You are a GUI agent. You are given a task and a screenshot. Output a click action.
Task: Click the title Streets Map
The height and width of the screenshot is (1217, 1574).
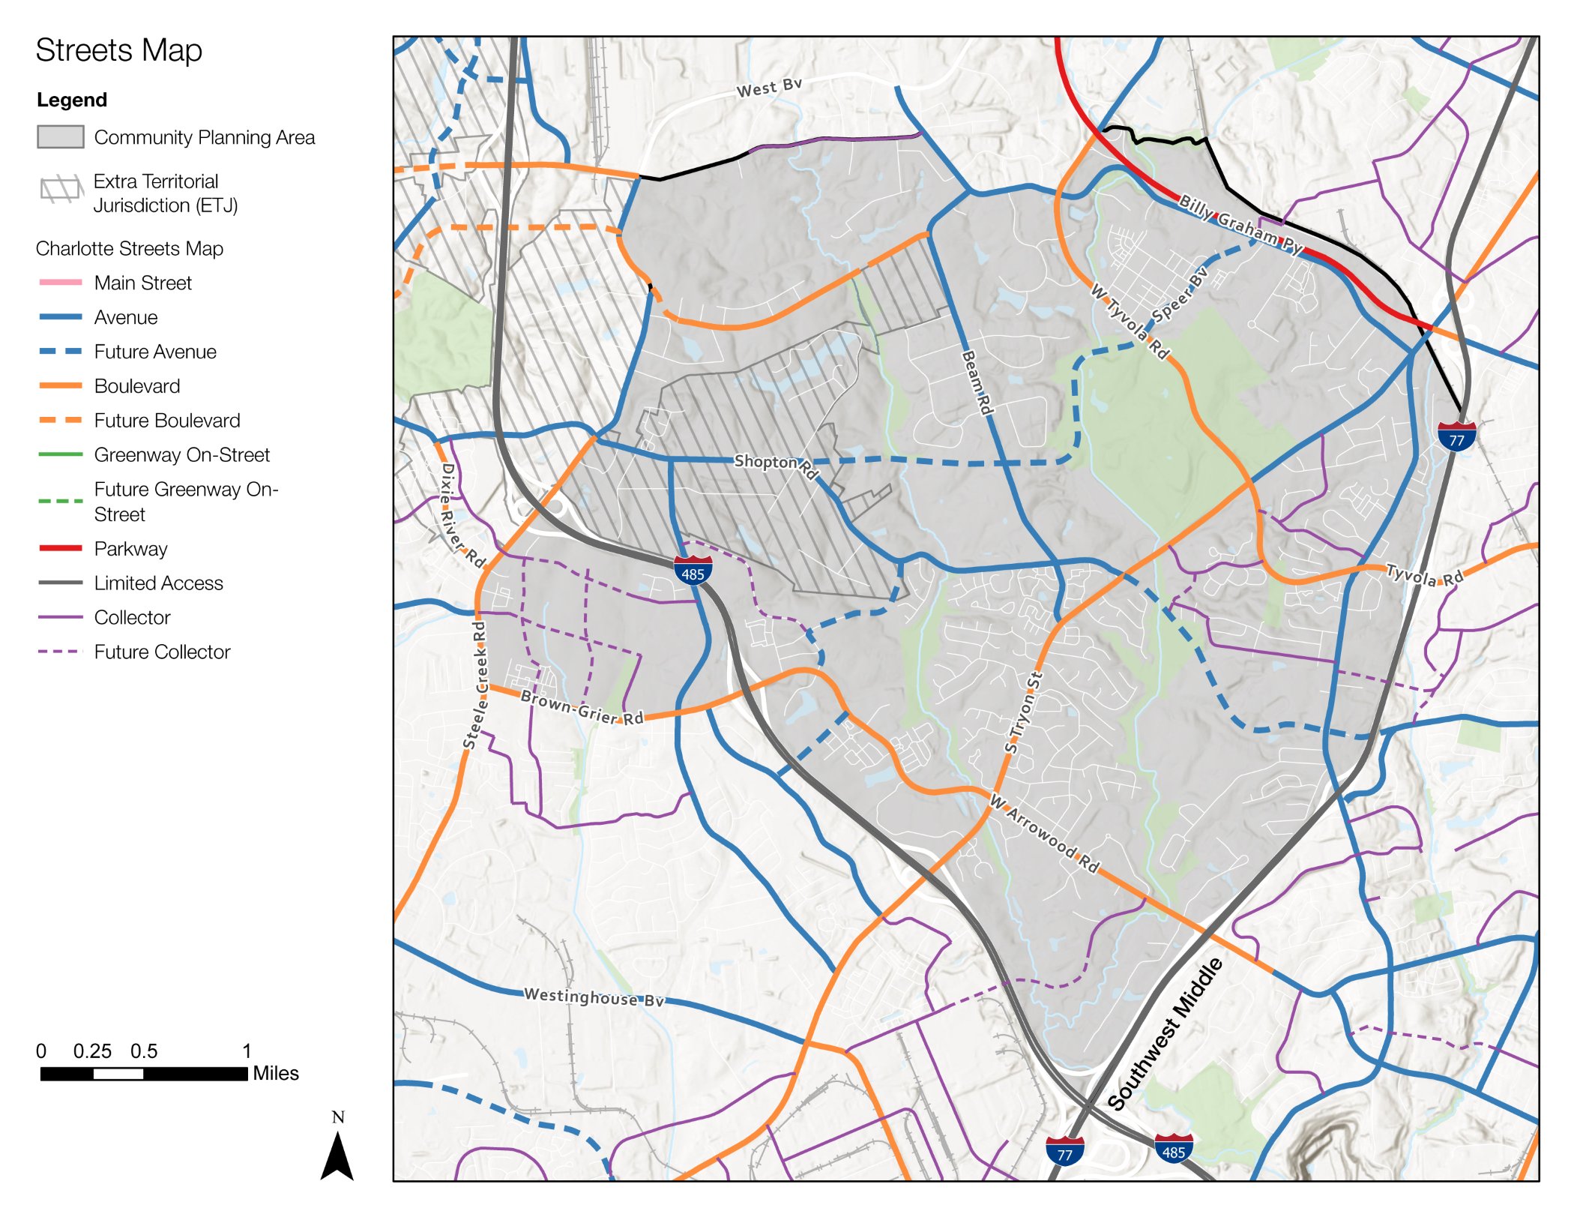pos(118,51)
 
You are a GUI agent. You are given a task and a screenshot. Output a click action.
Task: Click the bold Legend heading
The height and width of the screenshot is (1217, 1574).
pos(72,100)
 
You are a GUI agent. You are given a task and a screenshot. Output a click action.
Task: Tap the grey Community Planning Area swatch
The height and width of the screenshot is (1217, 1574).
pos(60,137)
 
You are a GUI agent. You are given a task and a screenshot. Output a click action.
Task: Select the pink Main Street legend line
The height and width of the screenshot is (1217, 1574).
pos(60,283)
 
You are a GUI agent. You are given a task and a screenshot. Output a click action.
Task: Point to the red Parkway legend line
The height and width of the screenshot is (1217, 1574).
pos(60,548)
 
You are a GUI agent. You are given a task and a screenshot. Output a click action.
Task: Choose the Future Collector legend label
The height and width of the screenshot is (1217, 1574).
pos(162,652)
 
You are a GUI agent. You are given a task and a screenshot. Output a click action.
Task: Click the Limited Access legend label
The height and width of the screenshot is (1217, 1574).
pos(158,583)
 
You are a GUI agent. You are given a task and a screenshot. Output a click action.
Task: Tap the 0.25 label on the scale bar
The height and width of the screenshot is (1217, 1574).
pos(91,1051)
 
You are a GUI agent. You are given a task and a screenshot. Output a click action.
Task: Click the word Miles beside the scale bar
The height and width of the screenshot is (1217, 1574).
pos(275,1073)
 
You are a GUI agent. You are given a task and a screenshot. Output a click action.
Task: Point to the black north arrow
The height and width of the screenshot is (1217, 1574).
pos(337,1155)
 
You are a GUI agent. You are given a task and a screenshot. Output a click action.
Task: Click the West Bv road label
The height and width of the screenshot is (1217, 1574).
pos(769,88)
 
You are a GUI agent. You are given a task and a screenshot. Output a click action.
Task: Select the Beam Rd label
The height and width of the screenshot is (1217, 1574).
pos(977,382)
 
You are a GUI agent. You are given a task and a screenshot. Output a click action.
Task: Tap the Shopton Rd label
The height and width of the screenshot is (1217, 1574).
pos(775,465)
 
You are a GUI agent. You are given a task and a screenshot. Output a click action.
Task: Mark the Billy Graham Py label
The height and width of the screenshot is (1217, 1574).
pos(1240,223)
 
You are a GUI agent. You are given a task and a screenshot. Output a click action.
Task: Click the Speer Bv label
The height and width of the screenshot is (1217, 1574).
pos(1179,294)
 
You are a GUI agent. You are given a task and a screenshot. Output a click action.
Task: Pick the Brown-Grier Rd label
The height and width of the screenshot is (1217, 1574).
pos(582,707)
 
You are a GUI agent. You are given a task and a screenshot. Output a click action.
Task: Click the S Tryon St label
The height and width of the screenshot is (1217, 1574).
pos(1023,712)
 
